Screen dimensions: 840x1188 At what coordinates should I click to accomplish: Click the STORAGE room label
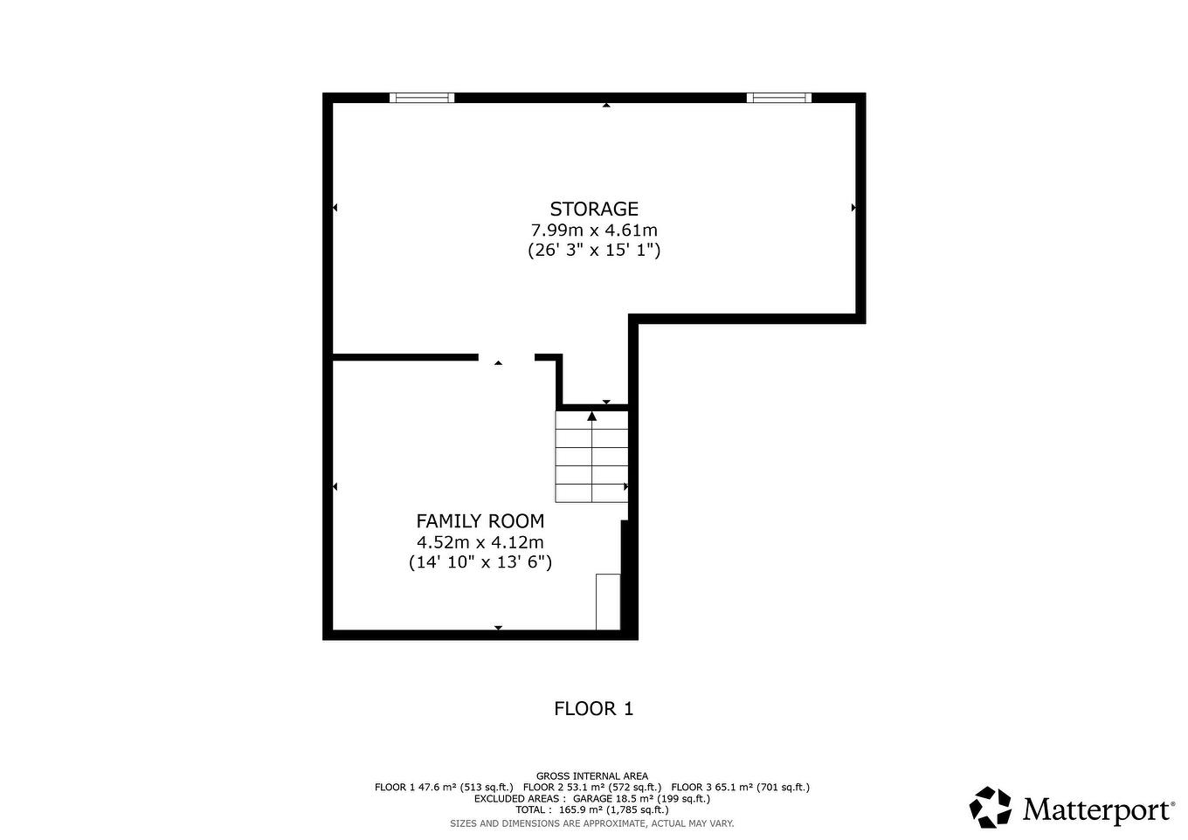point(594,209)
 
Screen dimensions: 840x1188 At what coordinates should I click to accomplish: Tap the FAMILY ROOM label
point(480,521)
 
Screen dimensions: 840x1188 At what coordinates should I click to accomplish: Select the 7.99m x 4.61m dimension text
point(594,231)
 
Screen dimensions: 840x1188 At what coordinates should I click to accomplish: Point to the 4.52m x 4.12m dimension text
point(480,542)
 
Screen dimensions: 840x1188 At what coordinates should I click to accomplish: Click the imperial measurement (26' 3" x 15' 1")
point(594,251)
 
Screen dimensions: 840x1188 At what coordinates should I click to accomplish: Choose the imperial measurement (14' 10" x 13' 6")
point(480,562)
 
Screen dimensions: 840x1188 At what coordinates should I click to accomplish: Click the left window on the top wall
point(422,98)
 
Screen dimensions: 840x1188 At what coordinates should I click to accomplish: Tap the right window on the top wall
point(779,98)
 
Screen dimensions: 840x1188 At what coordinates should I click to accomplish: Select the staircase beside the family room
point(592,456)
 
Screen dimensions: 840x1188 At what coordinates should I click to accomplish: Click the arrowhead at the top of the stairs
point(592,417)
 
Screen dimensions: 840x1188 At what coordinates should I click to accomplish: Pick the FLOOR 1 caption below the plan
point(593,708)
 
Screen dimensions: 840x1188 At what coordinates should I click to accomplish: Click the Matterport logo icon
point(991,807)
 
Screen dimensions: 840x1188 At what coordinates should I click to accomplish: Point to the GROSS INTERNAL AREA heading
point(592,775)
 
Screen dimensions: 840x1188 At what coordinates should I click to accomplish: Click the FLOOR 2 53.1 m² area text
point(592,787)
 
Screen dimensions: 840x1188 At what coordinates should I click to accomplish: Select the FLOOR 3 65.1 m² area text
point(740,787)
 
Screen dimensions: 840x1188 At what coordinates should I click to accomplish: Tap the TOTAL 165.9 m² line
point(592,809)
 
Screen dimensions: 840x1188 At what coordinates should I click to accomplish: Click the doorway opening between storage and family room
point(506,357)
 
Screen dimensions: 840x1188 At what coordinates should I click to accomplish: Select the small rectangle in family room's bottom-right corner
point(608,602)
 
